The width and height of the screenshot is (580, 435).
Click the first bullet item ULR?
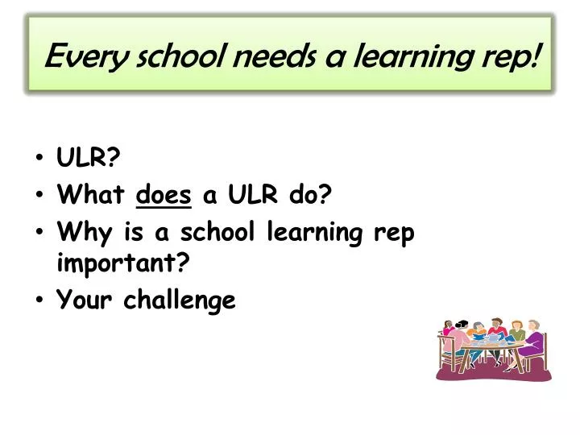(x=89, y=157)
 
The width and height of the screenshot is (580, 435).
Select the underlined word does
(x=165, y=194)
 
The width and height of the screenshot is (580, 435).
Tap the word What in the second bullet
(x=90, y=194)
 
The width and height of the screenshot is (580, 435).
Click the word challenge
(x=180, y=300)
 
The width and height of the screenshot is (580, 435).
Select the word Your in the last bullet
(x=85, y=300)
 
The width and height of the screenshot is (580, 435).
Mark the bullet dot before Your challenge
(x=40, y=300)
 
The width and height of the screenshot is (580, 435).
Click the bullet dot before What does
(x=40, y=195)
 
